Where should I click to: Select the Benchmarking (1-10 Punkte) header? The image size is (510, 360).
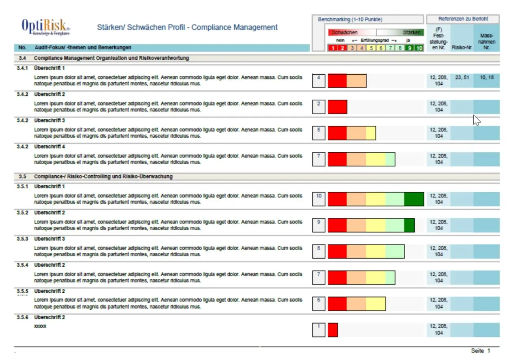pos(350,19)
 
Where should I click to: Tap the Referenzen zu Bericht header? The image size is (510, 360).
pos(463,19)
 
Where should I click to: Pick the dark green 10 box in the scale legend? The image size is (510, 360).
pos(419,48)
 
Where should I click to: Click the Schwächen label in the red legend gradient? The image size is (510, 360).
pos(345,32)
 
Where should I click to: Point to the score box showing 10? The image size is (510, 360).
pos(319,199)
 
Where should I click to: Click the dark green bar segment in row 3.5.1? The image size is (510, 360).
pos(414,199)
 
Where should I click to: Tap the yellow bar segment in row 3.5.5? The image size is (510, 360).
pos(376,304)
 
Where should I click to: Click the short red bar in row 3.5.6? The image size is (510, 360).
pos(333,330)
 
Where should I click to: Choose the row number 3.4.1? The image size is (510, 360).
pos(23,68)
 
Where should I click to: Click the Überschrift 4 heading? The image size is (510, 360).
pos(49,146)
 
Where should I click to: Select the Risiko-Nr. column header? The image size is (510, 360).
pos(462,48)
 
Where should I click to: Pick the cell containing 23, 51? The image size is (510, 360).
pos(462,78)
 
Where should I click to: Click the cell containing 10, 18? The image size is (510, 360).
pos(487,78)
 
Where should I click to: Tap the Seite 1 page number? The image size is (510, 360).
pos(480,351)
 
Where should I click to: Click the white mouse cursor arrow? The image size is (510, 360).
pos(476,120)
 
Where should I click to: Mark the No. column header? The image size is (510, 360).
pos(23,48)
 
